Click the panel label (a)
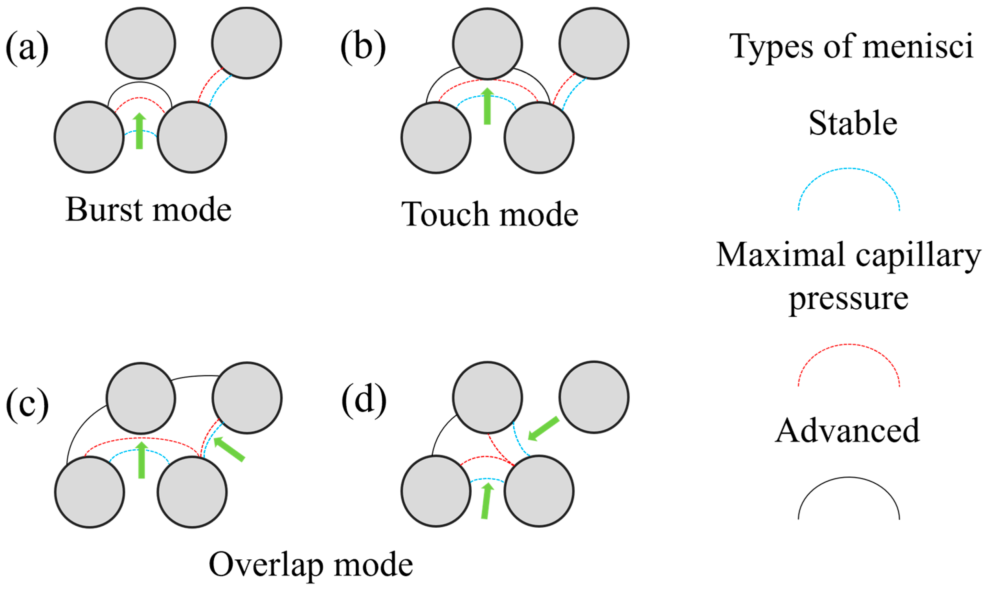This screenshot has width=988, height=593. pos(27,47)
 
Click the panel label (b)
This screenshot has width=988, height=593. pos(363,47)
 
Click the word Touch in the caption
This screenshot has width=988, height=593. pos(445,214)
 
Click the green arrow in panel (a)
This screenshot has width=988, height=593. pos(139,131)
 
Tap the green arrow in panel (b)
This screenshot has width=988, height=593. pos(487,106)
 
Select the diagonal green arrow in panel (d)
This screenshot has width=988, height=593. pos(544,428)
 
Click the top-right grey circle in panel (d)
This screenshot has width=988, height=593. pos(594,397)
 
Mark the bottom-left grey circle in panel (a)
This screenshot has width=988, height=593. pos(89,137)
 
